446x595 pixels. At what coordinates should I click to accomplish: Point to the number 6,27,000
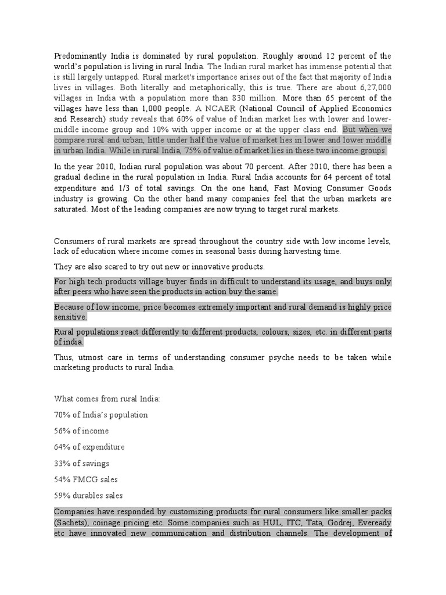(x=373, y=87)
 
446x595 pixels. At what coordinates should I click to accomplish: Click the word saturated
(x=73, y=209)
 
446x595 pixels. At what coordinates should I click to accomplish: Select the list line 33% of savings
(x=82, y=464)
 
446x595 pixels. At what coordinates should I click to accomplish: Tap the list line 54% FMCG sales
(x=86, y=480)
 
